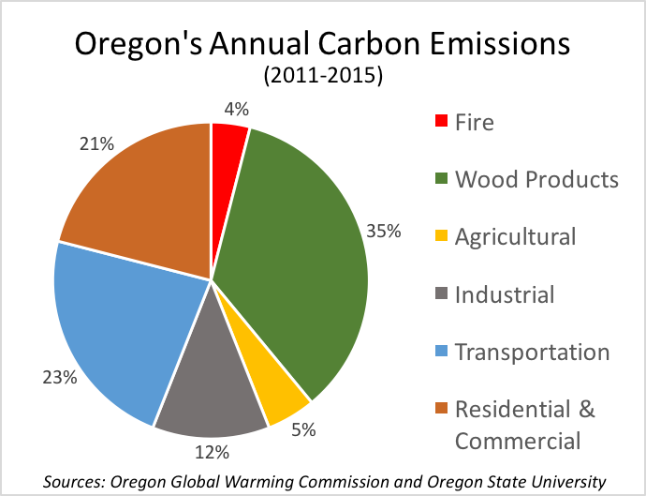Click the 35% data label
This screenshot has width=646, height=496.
384,231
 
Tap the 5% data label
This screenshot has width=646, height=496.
302,431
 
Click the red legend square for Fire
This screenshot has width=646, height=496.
441,122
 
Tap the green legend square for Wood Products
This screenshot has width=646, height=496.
441,180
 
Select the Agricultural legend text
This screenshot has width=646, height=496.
515,237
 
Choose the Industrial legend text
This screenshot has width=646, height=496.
505,295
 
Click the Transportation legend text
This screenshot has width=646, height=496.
532,353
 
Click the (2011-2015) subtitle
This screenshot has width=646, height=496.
322,77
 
